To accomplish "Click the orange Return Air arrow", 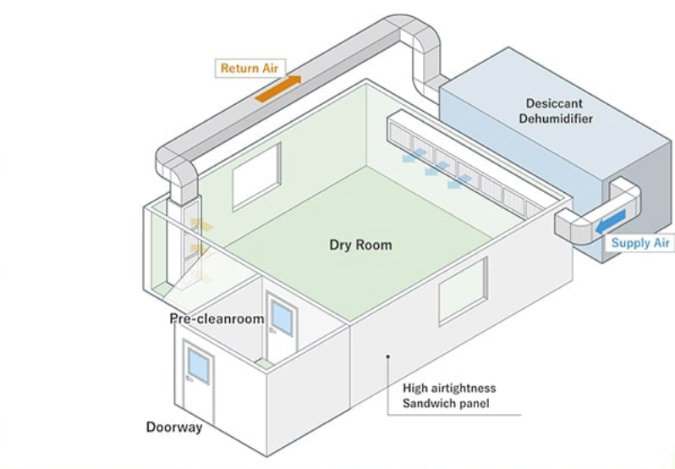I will point(278,88).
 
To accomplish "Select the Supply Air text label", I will point(641,243).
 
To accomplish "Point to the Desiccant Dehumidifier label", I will point(555,111).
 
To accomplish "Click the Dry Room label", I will point(360,246).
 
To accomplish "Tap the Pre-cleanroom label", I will point(217,319).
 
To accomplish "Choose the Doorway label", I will point(174,428).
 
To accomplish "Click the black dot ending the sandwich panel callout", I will point(387,357).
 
